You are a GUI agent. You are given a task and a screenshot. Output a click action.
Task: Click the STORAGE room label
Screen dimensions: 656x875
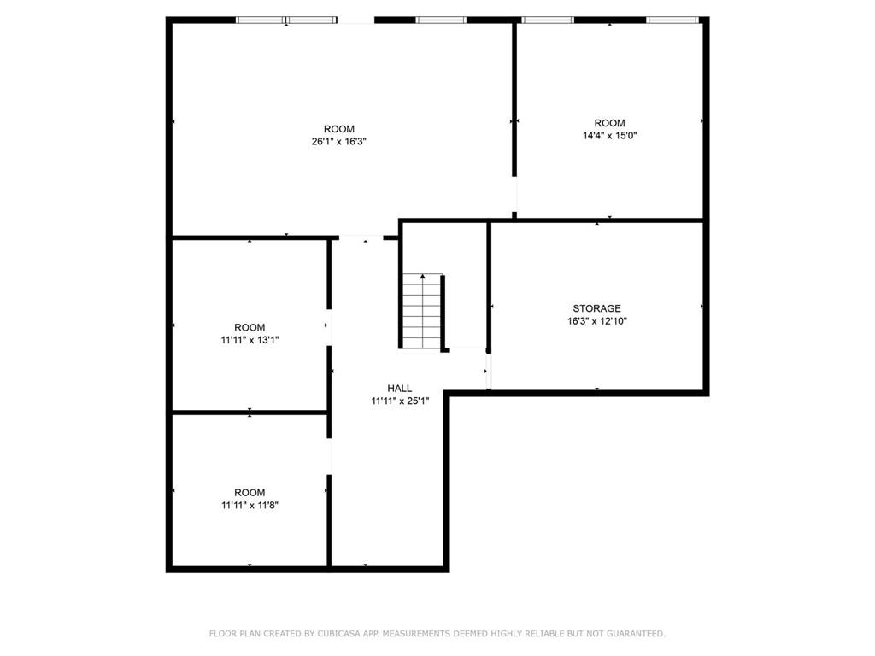[x=596, y=308]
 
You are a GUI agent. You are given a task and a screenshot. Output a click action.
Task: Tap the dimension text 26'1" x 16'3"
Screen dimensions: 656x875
[x=338, y=142]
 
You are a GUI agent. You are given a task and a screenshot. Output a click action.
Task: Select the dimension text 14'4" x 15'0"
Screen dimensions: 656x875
[x=609, y=135]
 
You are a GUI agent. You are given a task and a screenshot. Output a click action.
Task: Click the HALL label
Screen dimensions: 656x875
[x=399, y=388]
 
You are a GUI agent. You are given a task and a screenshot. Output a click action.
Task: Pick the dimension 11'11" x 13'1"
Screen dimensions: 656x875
[x=250, y=340]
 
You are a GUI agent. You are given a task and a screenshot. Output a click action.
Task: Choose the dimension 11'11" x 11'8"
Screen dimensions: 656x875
[x=250, y=505]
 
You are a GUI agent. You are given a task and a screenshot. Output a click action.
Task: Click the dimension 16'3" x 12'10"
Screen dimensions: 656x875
[x=596, y=321]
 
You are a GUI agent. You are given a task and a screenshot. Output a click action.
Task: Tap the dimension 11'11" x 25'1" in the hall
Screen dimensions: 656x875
[x=399, y=401]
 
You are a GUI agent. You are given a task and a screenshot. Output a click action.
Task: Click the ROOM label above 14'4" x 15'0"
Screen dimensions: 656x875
[x=609, y=123]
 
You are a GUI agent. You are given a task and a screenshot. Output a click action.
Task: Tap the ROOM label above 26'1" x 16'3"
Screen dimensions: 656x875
[x=338, y=129]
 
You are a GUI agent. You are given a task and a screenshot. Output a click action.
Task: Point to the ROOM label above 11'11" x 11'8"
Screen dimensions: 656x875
[x=250, y=492]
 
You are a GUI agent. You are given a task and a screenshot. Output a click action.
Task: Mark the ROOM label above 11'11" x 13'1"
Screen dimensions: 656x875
[x=250, y=327]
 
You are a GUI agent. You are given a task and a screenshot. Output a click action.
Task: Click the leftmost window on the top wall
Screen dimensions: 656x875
[x=261, y=20]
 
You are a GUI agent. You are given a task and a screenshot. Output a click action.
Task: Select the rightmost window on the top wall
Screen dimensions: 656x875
[x=672, y=20]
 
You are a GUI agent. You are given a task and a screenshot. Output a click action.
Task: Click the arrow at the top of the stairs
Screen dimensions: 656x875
[x=422, y=277]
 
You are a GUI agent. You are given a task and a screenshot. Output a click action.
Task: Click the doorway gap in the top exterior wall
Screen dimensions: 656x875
[x=356, y=20]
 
